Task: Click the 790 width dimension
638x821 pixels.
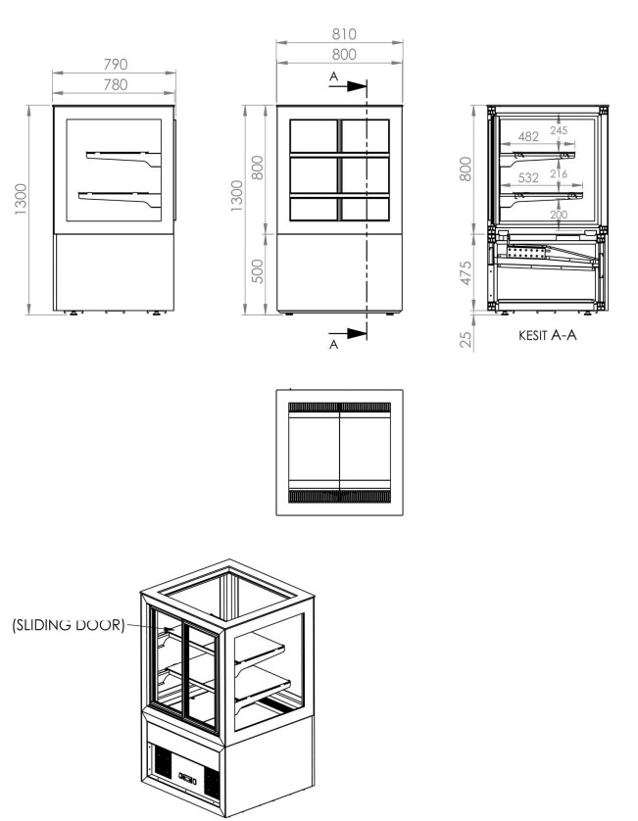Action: [x=116, y=65]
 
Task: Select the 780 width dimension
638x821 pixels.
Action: [x=116, y=84]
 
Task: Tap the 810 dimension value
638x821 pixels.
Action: [x=344, y=34]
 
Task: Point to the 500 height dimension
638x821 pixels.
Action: [x=258, y=271]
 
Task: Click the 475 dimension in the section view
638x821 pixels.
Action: [x=466, y=273]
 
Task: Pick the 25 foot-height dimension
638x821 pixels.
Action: [x=466, y=339]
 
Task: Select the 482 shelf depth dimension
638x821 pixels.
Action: [x=528, y=136]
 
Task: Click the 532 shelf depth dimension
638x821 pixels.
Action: [x=528, y=178]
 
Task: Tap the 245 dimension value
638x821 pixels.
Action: [x=559, y=130]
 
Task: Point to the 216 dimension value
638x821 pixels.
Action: [x=559, y=173]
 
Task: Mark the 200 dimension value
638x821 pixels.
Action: [x=559, y=215]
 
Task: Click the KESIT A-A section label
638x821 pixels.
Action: [x=548, y=335]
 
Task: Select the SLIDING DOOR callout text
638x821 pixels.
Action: [x=69, y=625]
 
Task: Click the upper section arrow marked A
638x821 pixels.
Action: [x=348, y=86]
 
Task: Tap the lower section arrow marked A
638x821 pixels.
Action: [x=348, y=333]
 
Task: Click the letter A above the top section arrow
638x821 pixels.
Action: [x=334, y=76]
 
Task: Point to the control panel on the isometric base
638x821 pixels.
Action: [x=187, y=777]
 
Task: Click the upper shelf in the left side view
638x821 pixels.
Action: [x=123, y=158]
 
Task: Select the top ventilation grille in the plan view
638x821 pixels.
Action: [x=339, y=407]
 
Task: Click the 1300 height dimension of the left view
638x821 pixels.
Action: [x=21, y=199]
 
